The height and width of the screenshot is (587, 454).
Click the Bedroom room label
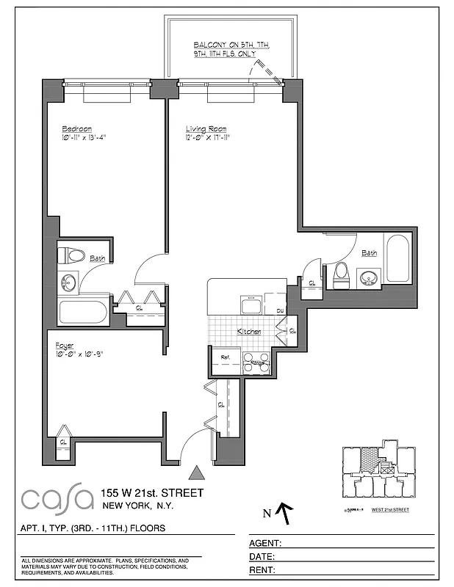pos(77,128)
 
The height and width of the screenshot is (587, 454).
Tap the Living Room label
pos(206,128)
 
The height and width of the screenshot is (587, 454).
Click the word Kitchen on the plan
pos(249,332)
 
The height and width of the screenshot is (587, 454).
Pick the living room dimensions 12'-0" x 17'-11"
pos(208,137)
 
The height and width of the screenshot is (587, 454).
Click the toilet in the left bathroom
pos(72,256)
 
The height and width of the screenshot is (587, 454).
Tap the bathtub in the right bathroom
pos(397,258)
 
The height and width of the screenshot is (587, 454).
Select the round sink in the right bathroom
pos(368,277)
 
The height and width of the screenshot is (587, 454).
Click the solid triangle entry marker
pos(196,473)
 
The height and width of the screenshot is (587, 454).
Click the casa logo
pos(57,499)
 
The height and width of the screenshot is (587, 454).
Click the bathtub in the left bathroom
pos(83,312)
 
